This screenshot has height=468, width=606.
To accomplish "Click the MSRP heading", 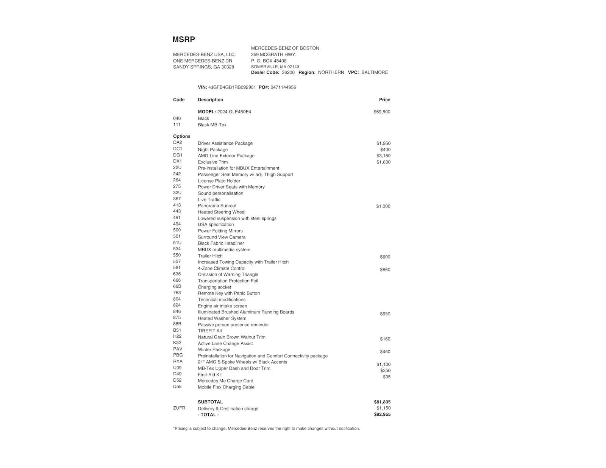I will (183, 39).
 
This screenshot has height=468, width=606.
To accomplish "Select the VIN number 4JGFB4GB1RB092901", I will (232, 87).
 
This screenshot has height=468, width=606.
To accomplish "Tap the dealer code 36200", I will (288, 72).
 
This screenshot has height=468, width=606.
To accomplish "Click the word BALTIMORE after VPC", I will (374, 72).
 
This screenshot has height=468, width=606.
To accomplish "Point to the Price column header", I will (384, 100).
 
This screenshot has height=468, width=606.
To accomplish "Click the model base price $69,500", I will (381, 112).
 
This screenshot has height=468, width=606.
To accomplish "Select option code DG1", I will (178, 155).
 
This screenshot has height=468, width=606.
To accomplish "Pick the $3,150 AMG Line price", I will (383, 156).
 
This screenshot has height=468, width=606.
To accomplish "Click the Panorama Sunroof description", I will (217, 206).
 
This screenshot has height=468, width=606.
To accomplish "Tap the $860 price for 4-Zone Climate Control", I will (384, 270).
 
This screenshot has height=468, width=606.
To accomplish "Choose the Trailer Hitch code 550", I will (177, 255).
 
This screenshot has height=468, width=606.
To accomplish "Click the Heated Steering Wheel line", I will (221, 212).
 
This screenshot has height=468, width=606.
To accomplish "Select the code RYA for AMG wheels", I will (178, 361).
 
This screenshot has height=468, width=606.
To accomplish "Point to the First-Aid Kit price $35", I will (386, 377).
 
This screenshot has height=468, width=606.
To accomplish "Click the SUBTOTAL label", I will (210, 402).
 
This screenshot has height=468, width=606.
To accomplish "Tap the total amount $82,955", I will (382, 414).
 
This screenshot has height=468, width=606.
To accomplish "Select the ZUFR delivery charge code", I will (179, 408).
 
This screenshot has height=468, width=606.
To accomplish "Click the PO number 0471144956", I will (283, 87).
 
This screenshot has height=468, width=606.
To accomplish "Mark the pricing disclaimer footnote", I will (266, 429).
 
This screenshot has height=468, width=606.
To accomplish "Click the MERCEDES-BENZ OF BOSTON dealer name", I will (285, 48).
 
